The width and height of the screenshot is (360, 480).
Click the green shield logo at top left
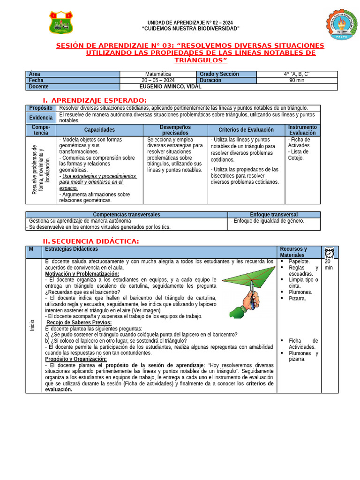[61, 22]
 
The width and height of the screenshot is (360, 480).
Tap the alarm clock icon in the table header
[329, 252]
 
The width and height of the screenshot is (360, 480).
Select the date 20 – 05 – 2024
[158, 80]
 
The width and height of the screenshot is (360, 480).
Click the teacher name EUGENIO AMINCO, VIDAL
[171, 87]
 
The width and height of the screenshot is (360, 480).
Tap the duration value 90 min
[297, 80]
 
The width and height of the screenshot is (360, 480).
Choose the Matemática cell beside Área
[158, 74]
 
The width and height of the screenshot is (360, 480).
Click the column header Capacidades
[99, 130]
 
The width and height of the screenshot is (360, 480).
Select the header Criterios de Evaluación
[246, 130]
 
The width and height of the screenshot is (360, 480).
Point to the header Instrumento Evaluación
[302, 130]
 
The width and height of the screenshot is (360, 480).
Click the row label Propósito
[41, 108]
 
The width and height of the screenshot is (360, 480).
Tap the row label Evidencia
[41, 118]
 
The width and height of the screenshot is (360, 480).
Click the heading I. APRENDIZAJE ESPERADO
[95, 100]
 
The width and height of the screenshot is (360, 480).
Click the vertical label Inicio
[32, 325]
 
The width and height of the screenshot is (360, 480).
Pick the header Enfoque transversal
[274, 214]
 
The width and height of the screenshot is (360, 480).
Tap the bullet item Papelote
[299, 261]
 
